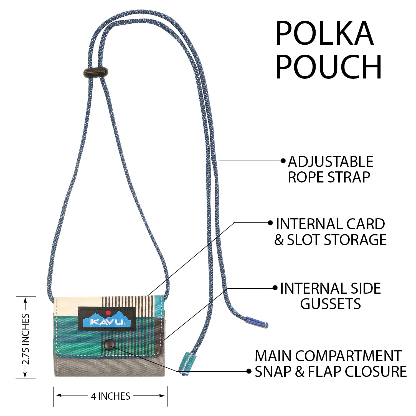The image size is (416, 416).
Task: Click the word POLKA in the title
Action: pos(324,34)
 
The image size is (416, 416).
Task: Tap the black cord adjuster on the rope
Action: pos(96,72)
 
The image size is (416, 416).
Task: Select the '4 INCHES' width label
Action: pos(110,396)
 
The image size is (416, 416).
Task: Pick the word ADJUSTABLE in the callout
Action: pos(331,162)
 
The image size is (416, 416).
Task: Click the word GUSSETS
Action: pos(330,304)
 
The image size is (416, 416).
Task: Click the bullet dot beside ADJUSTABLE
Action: pos(283,161)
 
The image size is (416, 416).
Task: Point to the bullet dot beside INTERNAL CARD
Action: pos(270,223)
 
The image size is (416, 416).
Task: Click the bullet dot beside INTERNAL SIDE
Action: pos(275,288)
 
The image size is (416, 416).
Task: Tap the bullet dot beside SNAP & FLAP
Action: pos(249,371)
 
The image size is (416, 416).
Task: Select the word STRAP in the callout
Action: pos(349,177)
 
